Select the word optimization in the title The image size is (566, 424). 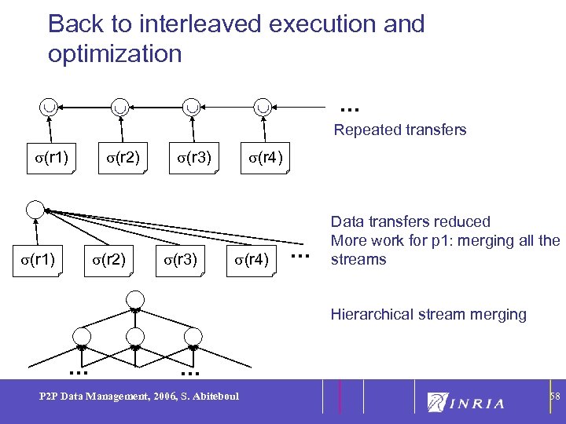coord(115,53)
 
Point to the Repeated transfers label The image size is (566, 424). coord(399,130)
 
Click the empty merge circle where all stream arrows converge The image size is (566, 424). coord(35,210)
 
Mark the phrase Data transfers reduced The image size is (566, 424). coord(410,221)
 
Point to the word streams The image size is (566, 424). coord(358,259)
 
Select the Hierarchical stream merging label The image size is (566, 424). coord(428,314)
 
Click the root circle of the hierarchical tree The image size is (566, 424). coord(135,299)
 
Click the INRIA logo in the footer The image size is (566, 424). coord(465,403)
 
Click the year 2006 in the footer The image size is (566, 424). coord(164,397)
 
